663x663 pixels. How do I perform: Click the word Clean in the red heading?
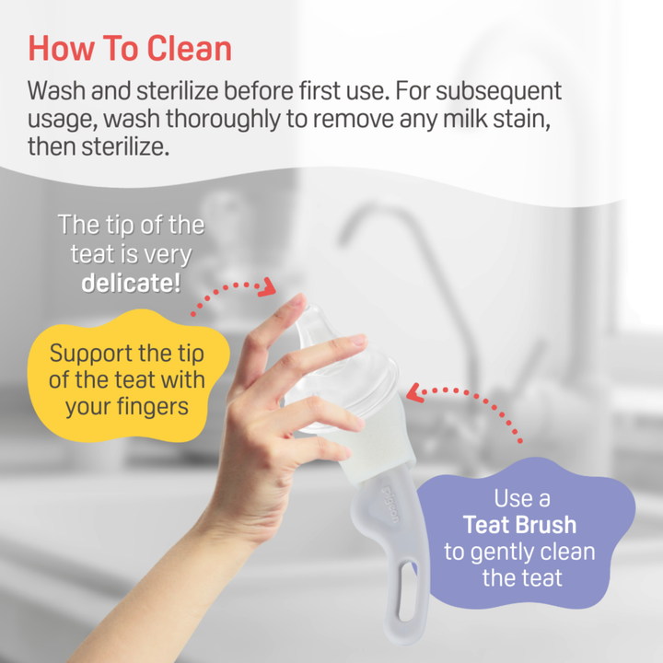[x=190, y=48]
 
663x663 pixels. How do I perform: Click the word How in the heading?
[x=62, y=48]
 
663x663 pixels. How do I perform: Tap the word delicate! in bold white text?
[x=131, y=283]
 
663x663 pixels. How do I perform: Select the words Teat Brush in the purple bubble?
[x=519, y=525]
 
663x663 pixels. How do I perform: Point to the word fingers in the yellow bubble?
[x=153, y=408]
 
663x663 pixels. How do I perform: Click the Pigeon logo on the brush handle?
[x=390, y=505]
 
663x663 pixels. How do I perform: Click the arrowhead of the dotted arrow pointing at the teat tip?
[x=266, y=287]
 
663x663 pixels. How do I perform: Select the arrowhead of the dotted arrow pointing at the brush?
[x=414, y=392]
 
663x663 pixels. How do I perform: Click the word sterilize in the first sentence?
[x=178, y=90]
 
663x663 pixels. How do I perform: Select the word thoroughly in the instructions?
[x=223, y=120]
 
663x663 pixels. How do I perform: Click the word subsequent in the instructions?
[x=499, y=92]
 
